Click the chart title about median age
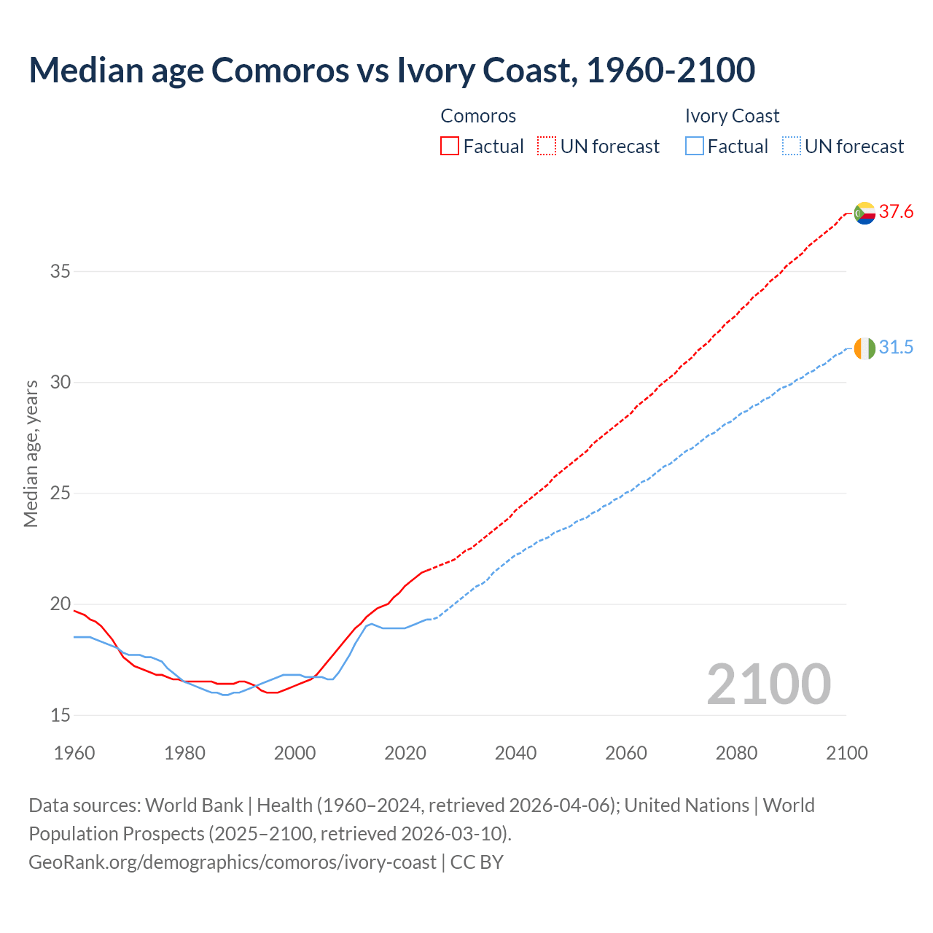(391, 70)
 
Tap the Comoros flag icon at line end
(864, 213)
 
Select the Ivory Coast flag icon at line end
(864, 348)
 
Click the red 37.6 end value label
(896, 212)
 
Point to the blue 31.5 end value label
(896, 348)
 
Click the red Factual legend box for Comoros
(450, 147)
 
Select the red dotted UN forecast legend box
(547, 147)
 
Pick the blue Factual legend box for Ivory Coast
(695, 147)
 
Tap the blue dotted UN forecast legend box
(791, 147)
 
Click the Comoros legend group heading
(478, 116)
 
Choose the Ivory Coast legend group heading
(732, 116)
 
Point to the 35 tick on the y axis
(60, 272)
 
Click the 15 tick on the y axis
(60, 715)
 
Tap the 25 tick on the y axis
(60, 493)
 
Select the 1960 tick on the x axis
(74, 753)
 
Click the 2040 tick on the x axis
(515, 753)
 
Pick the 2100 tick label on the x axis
(846, 753)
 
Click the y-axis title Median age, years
(31, 453)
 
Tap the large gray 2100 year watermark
(768, 684)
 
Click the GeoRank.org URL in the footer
(232, 862)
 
